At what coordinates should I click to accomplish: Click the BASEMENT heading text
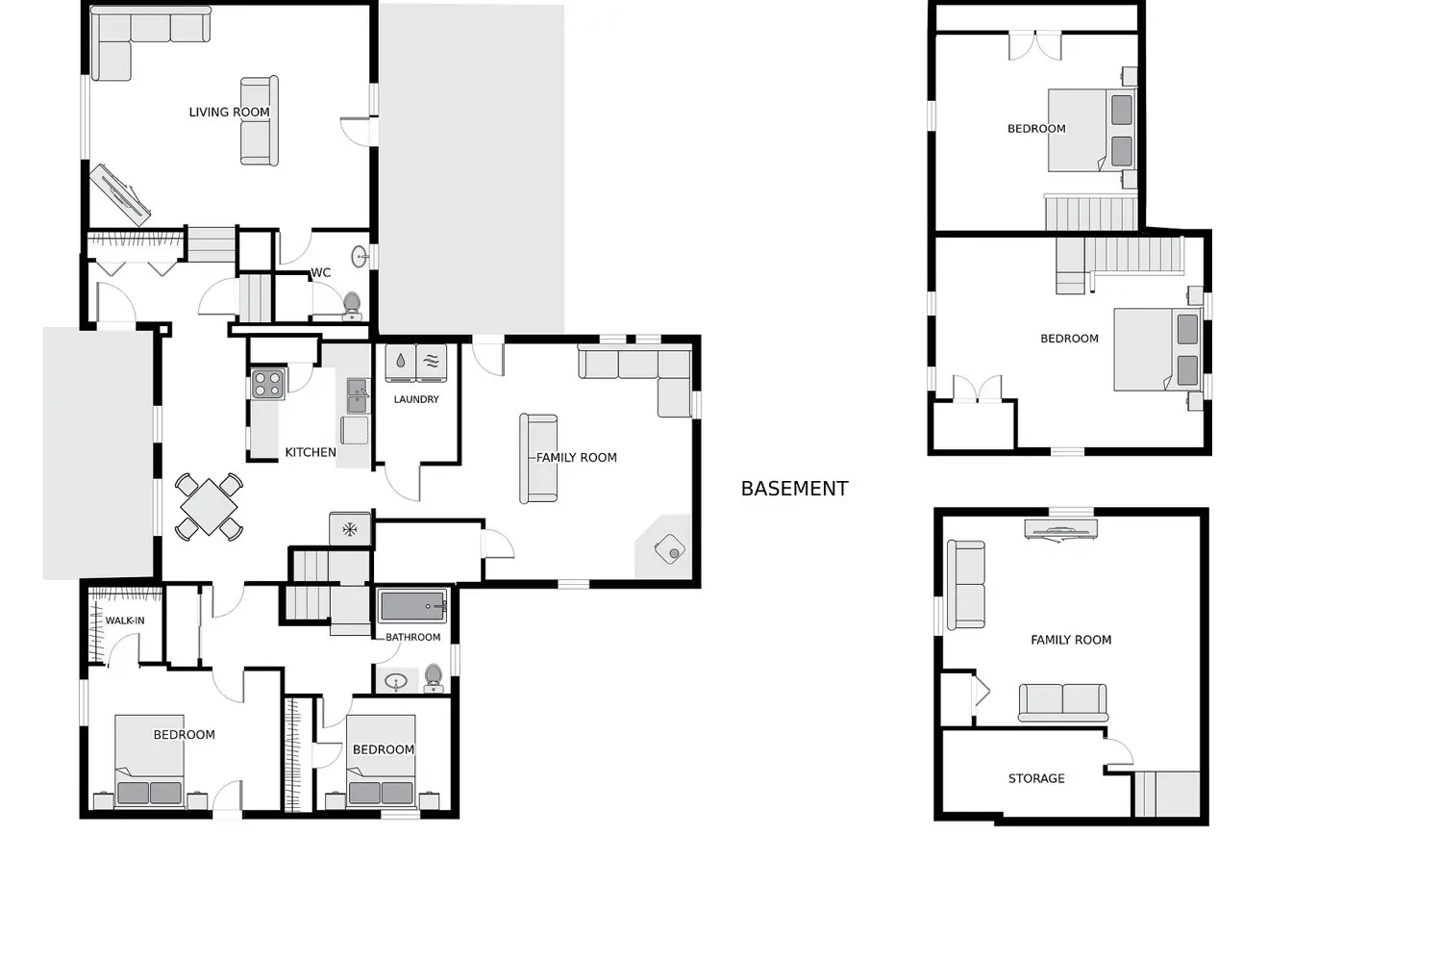[x=794, y=489]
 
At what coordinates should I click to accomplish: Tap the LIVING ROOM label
[x=229, y=113]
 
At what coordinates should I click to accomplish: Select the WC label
[x=320, y=272]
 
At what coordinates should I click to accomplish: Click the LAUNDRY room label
[x=416, y=399]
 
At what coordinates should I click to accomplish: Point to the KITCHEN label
[x=311, y=452]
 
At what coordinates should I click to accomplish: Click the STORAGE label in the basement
[x=1036, y=778]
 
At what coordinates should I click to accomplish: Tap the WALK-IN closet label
[x=125, y=620]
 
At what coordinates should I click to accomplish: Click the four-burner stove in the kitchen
[x=268, y=384]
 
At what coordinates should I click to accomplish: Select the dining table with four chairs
[x=209, y=506]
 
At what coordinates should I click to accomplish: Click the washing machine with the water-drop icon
[x=401, y=364]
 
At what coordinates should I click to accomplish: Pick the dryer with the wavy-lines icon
[x=432, y=364]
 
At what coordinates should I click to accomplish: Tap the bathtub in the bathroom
[x=412, y=606]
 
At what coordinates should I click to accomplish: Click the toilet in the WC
[x=352, y=305]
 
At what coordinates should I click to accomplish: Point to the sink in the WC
[x=360, y=257]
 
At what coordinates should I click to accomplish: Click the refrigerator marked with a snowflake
[x=350, y=529]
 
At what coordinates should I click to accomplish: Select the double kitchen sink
[x=358, y=395]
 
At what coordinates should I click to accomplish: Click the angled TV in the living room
[x=120, y=195]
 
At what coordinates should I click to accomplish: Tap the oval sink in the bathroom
[x=395, y=681]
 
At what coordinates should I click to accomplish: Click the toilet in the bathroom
[x=434, y=678]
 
